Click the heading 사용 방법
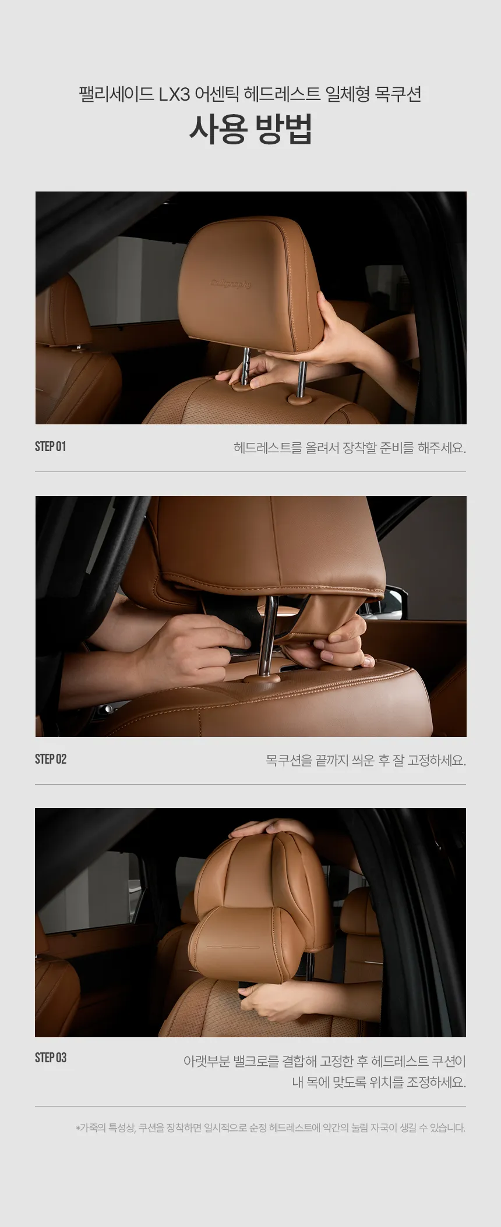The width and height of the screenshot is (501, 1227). pyautogui.click(x=250, y=129)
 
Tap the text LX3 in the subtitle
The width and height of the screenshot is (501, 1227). pyautogui.click(x=174, y=94)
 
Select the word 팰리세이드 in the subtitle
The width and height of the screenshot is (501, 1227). pyautogui.click(x=116, y=94)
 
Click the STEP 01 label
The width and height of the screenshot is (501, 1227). pyautogui.click(x=51, y=446)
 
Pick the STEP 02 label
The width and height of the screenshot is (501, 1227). pyautogui.click(x=51, y=759)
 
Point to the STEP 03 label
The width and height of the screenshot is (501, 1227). pyautogui.click(x=51, y=1058)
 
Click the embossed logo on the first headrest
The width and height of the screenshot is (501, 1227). pyautogui.click(x=231, y=284)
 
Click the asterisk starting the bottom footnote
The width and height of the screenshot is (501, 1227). pyautogui.click(x=77, y=1128)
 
